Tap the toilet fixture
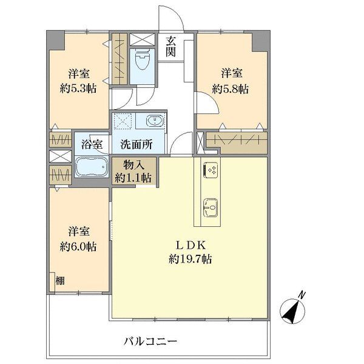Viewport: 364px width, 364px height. [141, 60]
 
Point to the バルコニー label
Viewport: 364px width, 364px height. [152, 340]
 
